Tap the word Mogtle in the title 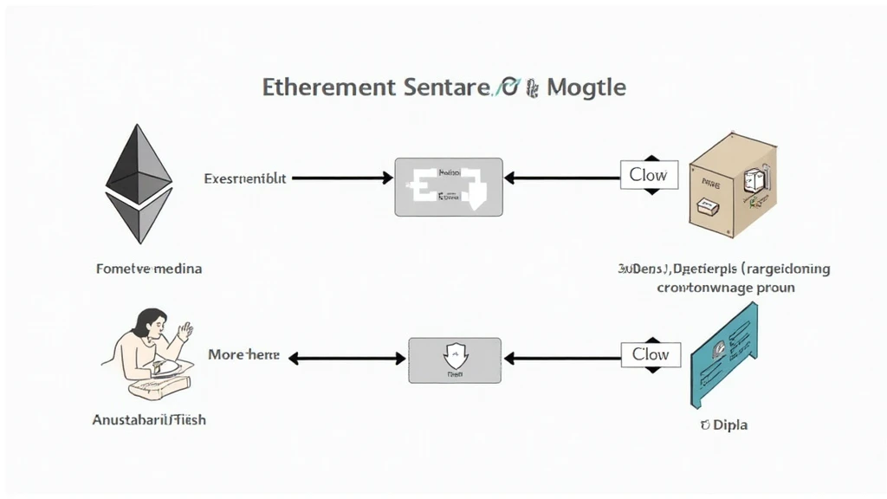(586, 87)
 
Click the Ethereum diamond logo (138, 183)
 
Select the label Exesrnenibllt (245, 178)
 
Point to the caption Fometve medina (148, 269)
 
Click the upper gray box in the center (448, 186)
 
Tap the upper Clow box (648, 175)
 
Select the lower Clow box (651, 354)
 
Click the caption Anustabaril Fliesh (149, 419)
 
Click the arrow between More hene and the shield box (347, 357)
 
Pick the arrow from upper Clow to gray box (561, 178)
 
